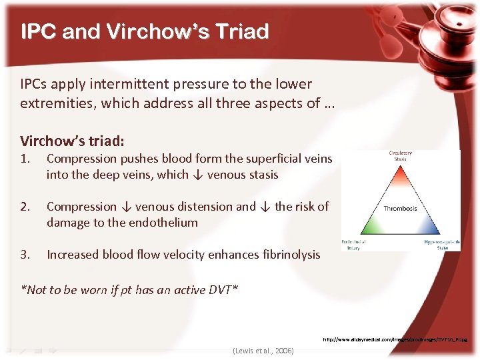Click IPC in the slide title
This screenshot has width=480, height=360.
(39, 31)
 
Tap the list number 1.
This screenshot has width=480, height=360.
(25, 159)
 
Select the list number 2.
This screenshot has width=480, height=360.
(25, 207)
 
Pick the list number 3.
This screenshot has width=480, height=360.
(25, 254)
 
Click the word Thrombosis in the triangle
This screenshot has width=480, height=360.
(400, 208)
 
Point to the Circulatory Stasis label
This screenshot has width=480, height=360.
(400, 156)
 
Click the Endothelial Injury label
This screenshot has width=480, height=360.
(354, 245)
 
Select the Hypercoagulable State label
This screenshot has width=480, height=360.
(442, 245)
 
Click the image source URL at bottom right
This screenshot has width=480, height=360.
(395, 339)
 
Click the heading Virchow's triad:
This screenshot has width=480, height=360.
(72, 141)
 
